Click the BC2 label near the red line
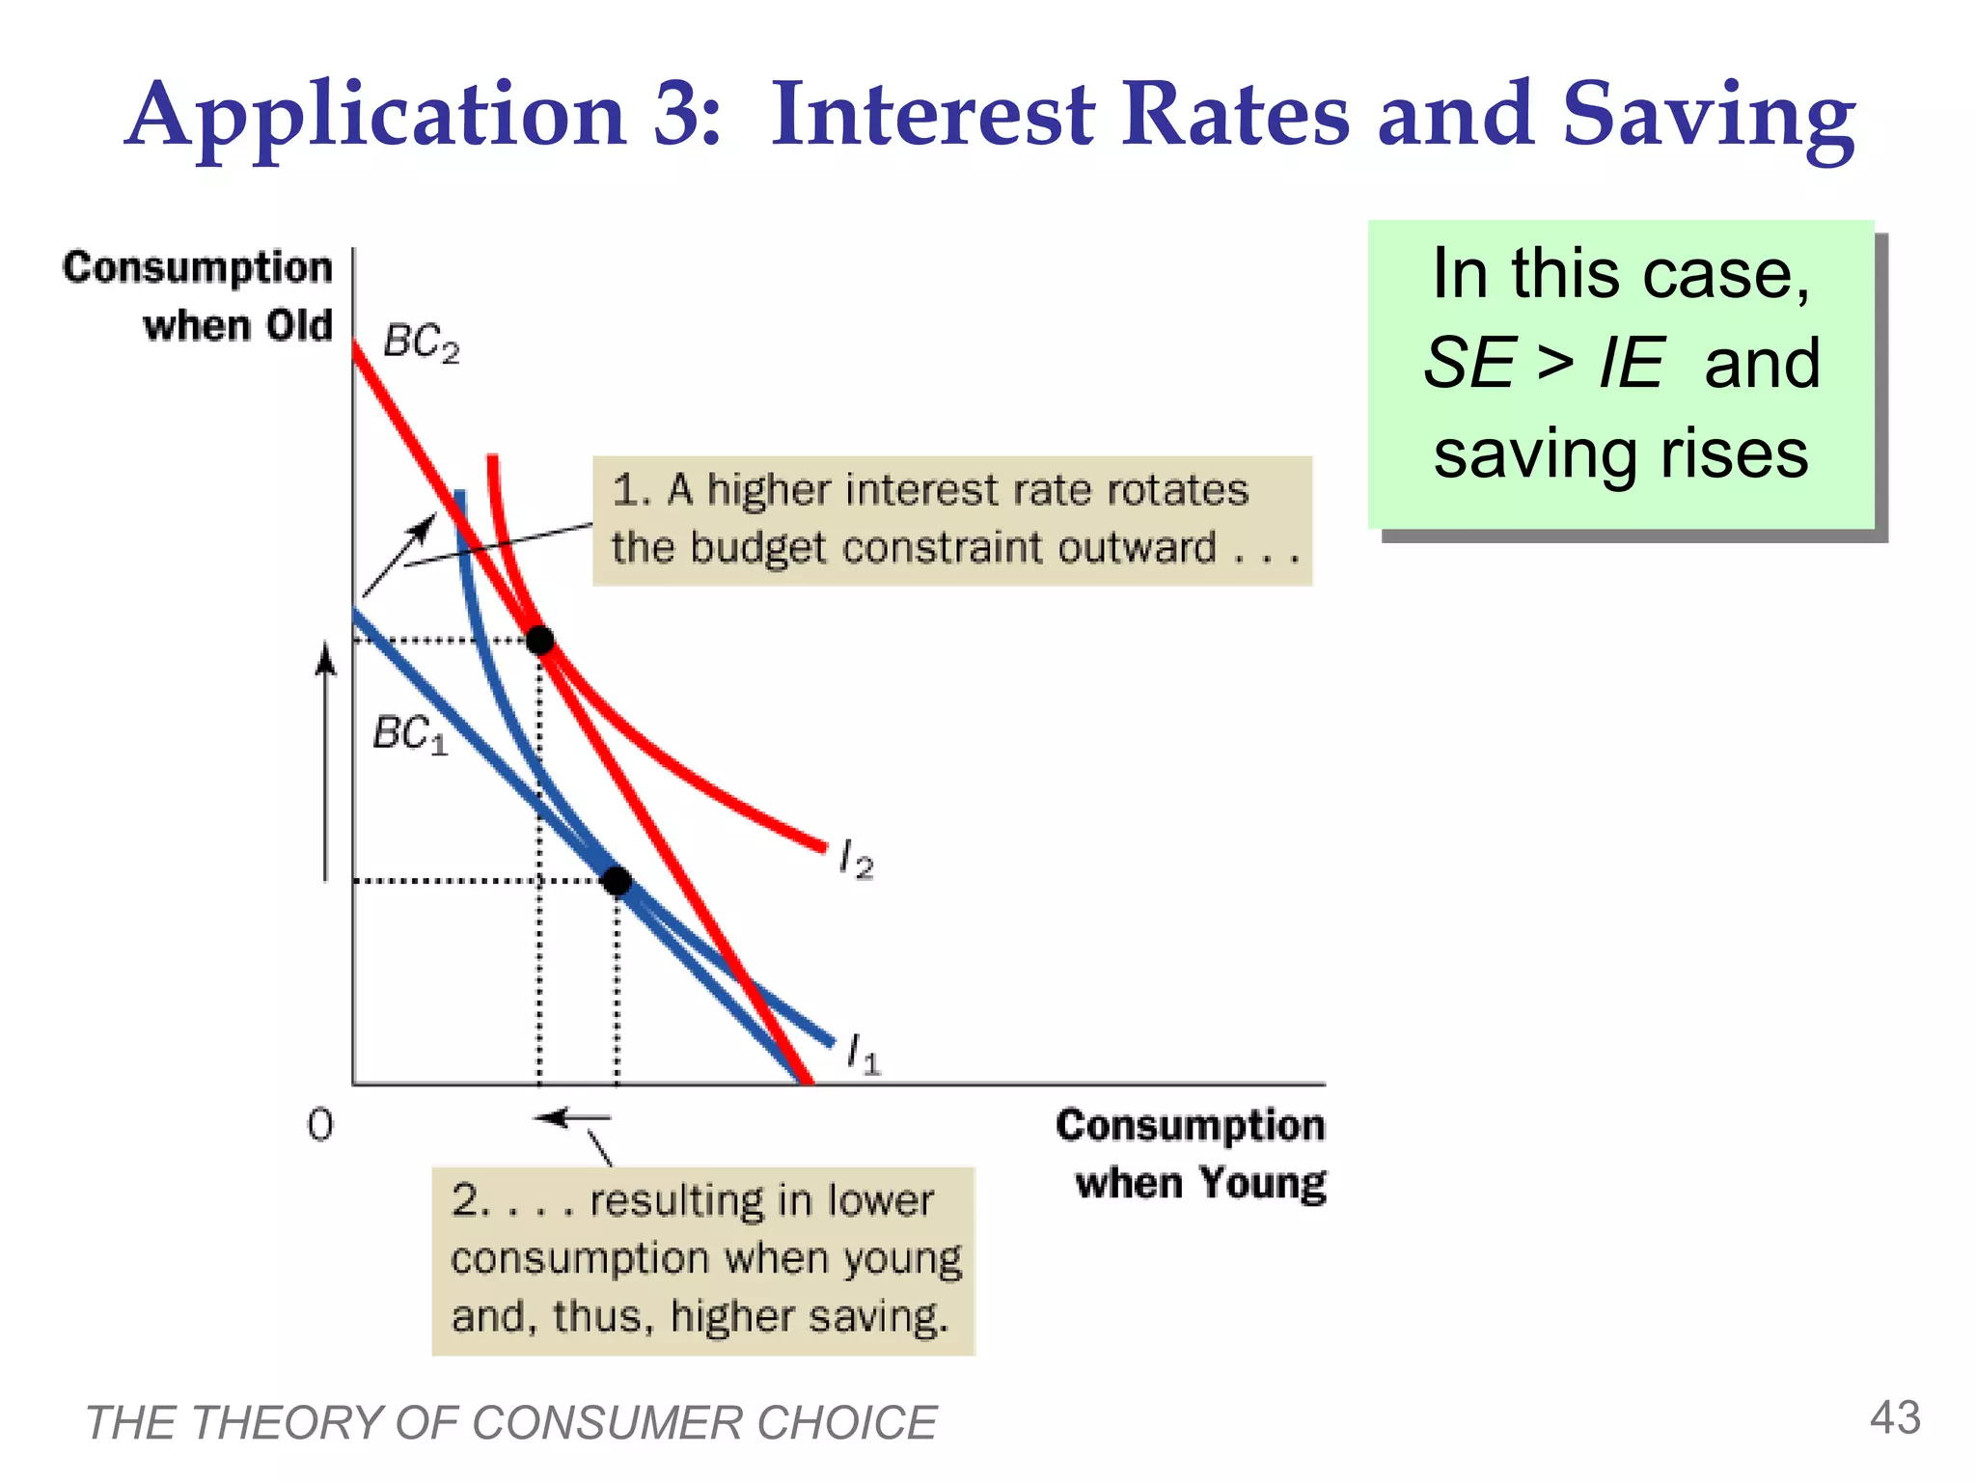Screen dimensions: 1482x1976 click(x=421, y=342)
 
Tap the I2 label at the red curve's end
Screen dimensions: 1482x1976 click(x=856, y=858)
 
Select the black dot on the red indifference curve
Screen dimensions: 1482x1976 click(x=539, y=640)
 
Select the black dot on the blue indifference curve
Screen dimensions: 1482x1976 click(x=617, y=880)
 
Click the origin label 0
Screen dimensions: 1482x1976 click(x=320, y=1125)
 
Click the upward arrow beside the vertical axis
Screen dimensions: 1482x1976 click(x=326, y=762)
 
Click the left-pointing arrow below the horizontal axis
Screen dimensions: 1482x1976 click(x=573, y=1118)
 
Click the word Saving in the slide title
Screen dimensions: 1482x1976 click(x=1708, y=116)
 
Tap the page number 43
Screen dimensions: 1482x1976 click(x=1895, y=1417)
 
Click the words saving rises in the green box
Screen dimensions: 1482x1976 click(x=1620, y=453)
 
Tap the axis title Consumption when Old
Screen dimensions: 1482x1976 click(x=199, y=296)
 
